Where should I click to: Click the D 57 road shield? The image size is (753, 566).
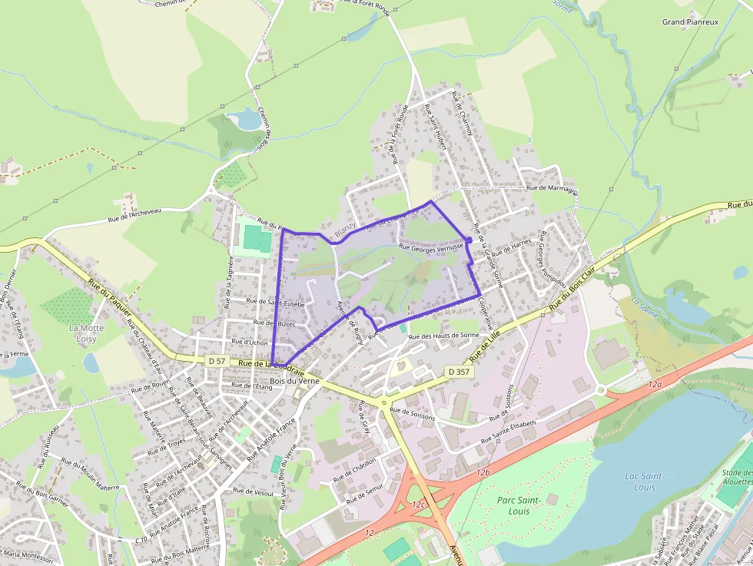click(217, 361)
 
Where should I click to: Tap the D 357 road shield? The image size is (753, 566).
click(459, 372)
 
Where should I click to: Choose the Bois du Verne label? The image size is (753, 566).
click(294, 381)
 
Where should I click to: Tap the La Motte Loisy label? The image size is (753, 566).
click(85, 333)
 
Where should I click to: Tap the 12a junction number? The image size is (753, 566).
click(655, 383)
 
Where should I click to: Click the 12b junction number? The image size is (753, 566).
click(483, 472)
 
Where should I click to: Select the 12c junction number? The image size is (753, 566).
click(418, 505)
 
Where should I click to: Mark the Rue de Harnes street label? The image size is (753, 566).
click(512, 248)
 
